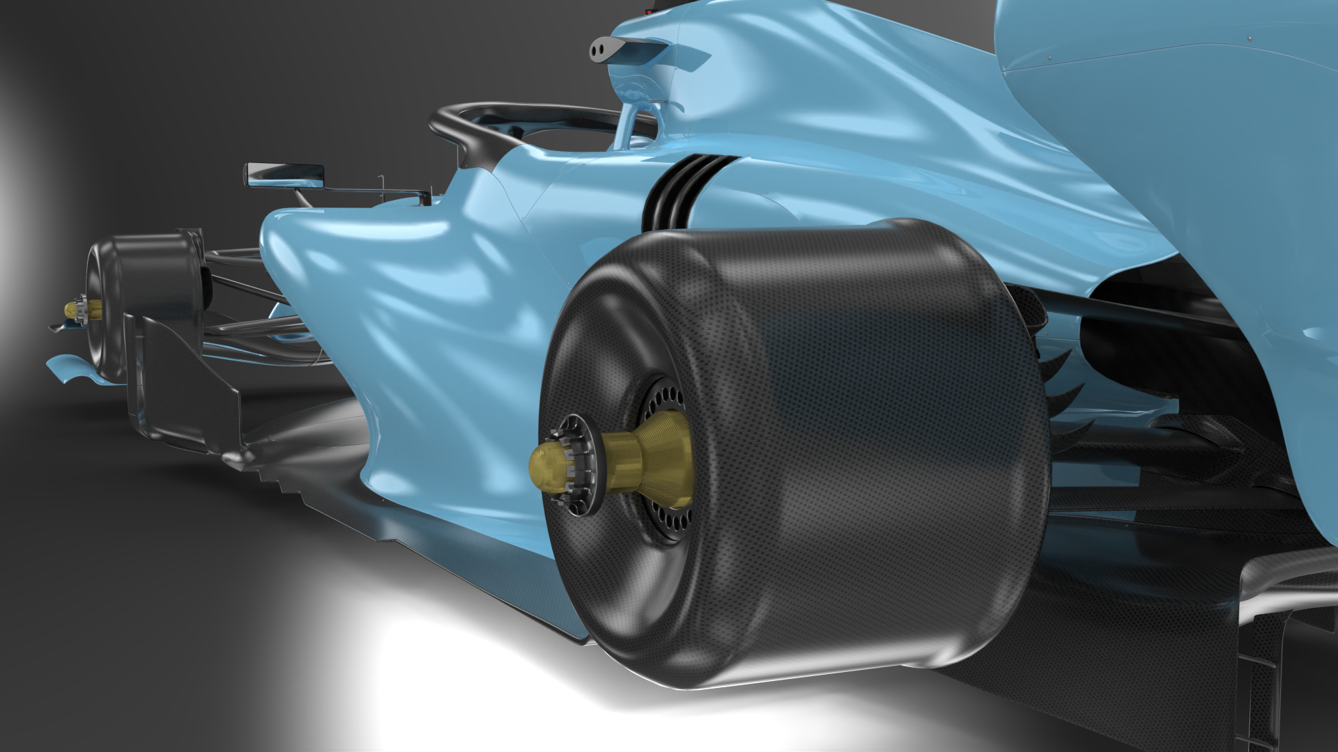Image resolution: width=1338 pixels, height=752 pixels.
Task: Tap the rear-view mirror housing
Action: click(x=284, y=174)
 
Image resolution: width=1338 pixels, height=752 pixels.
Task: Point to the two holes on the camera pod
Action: click(x=598, y=48)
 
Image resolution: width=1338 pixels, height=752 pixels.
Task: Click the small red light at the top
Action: click(x=651, y=12)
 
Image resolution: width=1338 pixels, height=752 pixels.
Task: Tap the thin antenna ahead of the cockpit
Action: click(x=381, y=182)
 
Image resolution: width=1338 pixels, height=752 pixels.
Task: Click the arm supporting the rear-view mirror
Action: click(x=369, y=190)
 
